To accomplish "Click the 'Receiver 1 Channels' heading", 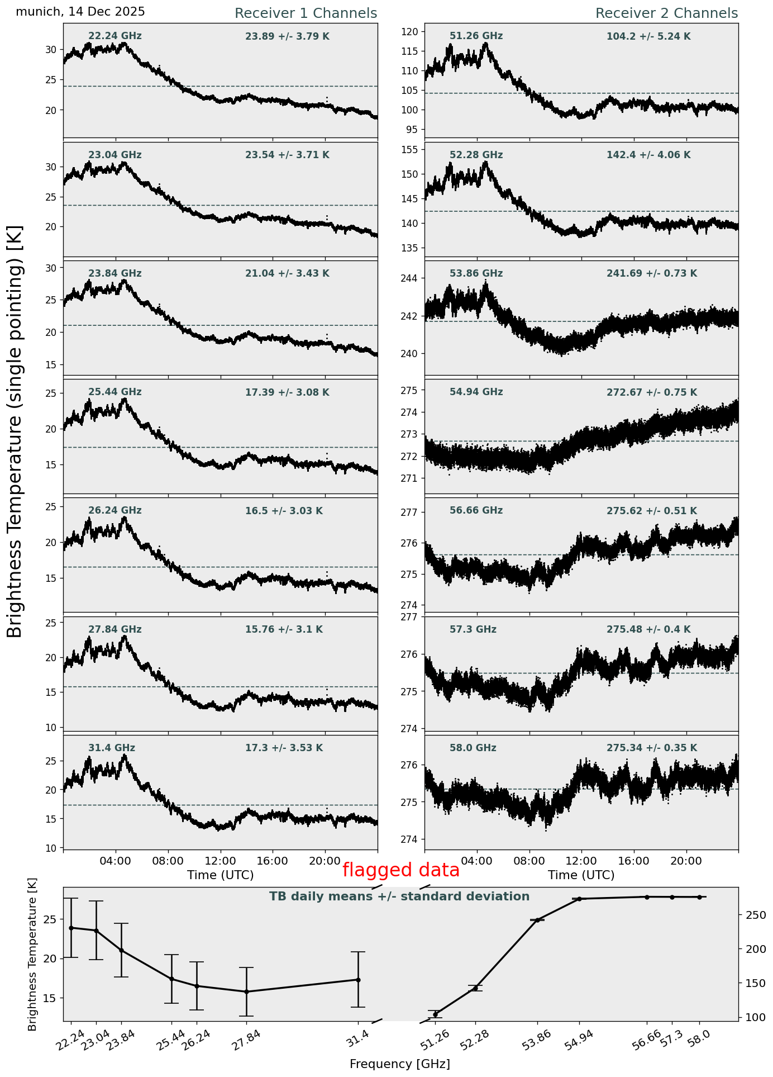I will [306, 13].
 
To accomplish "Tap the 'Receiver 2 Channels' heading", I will [666, 13].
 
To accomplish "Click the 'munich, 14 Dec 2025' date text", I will [80, 12].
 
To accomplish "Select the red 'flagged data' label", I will [400, 870].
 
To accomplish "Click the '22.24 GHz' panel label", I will [115, 36].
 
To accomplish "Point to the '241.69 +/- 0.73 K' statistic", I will [651, 274].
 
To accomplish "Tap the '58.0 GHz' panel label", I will [473, 748].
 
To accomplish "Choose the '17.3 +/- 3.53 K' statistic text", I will [284, 748].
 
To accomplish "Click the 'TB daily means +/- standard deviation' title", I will [399, 896].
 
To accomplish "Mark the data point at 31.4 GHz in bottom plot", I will [358, 980].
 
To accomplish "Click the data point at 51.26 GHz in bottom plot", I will [436, 1014].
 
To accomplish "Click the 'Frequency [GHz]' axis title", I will [399, 1064].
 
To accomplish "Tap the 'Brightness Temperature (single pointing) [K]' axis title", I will [15, 431].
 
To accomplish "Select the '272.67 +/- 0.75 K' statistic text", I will [651, 392].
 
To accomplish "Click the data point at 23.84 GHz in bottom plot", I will [122, 950].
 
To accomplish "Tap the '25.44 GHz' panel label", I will [115, 392].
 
